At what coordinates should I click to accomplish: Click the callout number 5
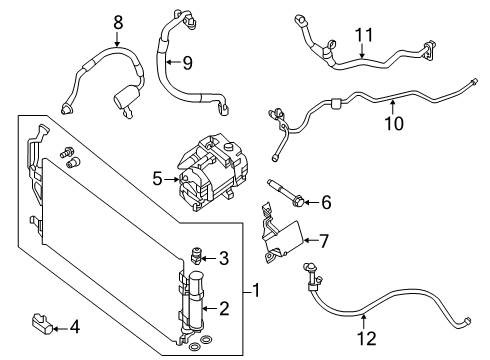pyautogui.click(x=158, y=180)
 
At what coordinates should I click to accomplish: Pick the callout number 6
pyautogui.click(x=325, y=203)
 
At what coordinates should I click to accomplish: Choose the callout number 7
pyautogui.click(x=325, y=241)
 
